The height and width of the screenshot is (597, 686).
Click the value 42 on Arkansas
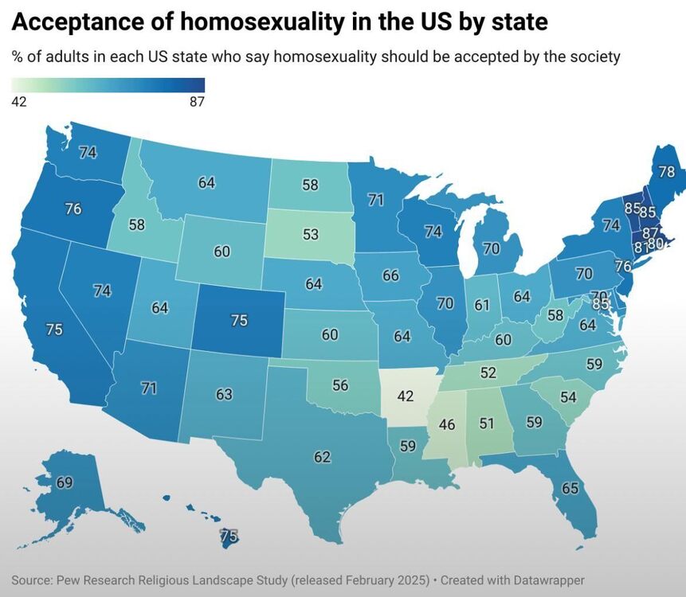click(x=406, y=395)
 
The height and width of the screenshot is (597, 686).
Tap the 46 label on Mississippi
click(x=447, y=424)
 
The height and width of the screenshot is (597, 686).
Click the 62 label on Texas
click(x=322, y=457)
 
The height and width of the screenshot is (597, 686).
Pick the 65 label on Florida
click(x=570, y=488)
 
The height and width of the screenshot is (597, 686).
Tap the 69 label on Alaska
click(x=65, y=482)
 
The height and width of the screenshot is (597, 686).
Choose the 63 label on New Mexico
click(x=224, y=393)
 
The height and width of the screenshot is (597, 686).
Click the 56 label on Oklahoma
click(x=340, y=384)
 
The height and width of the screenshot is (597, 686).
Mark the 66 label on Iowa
click(x=390, y=275)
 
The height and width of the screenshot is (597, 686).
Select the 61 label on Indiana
click(x=481, y=305)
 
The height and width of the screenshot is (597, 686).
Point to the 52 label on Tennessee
click(x=488, y=372)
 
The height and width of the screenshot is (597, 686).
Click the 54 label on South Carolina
click(x=568, y=396)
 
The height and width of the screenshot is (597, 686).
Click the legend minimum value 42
click(x=20, y=101)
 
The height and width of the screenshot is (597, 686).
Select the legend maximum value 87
click(x=197, y=101)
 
